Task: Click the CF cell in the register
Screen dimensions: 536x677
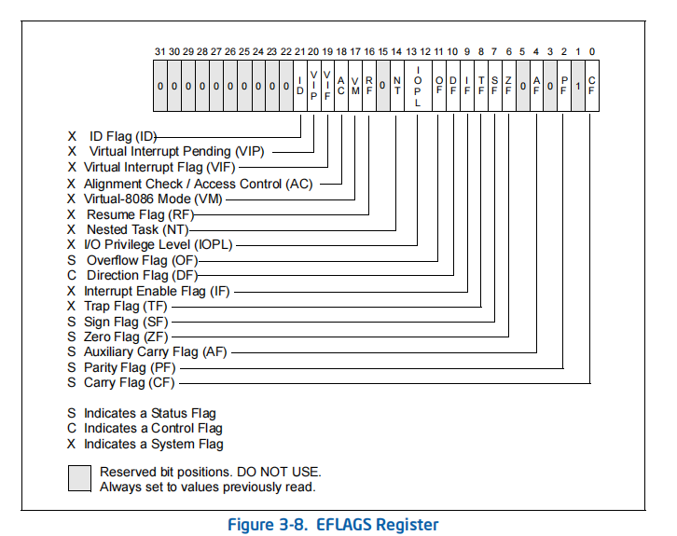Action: [591, 86]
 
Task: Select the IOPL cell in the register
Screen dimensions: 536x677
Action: [417, 86]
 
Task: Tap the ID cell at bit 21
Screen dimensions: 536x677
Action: [299, 86]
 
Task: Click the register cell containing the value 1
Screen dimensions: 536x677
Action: [578, 86]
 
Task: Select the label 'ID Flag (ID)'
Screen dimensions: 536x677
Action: [122, 136]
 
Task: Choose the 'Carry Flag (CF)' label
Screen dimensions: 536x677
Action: [129, 382]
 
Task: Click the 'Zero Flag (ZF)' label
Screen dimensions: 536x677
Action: [126, 337]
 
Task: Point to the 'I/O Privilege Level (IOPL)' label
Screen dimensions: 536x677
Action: [159, 244]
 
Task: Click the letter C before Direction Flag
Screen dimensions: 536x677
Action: [72, 275]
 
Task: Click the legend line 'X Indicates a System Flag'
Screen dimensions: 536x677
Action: [145, 444]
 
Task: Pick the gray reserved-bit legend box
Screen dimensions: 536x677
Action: [78, 478]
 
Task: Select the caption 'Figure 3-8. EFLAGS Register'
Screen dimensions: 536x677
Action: [333, 524]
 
